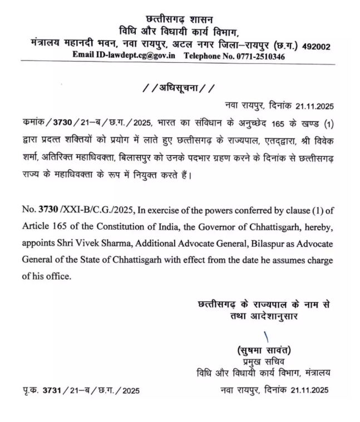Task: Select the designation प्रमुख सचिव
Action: click(265, 362)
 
